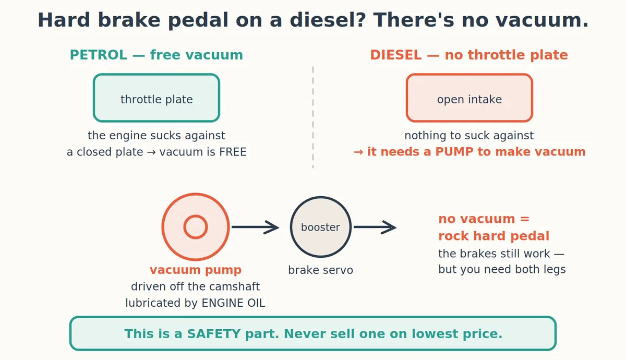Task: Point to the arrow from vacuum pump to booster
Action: pos(256,227)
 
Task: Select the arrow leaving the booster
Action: pos(375,227)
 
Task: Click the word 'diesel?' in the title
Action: pos(328,20)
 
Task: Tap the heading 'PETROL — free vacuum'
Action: pos(156,55)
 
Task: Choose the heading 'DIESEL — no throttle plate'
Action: pos(469,55)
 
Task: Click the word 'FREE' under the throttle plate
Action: pos(233,152)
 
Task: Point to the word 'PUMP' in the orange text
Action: pos(454,152)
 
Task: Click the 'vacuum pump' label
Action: pos(196,270)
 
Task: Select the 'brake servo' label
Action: pos(321,270)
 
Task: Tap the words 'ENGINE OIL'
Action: pos(233,303)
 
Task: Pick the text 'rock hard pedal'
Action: pos(494,236)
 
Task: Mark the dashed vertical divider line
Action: pos(313,117)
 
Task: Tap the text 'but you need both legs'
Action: pos(502,269)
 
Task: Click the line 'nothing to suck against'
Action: pos(469,136)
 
